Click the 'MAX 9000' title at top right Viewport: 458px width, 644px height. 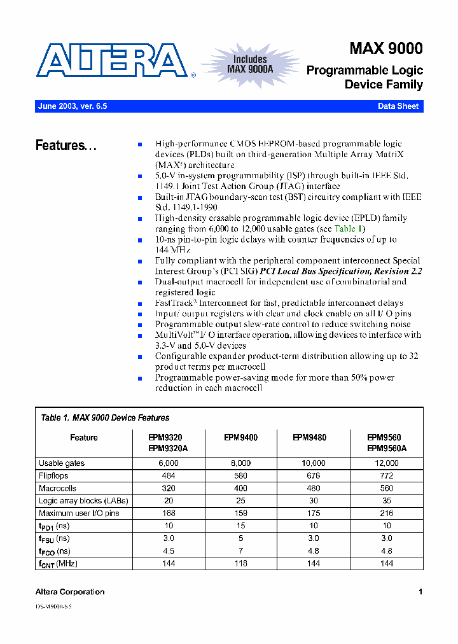tap(385, 49)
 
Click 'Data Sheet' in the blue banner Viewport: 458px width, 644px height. tap(398, 106)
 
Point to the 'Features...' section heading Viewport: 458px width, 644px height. tap(66, 146)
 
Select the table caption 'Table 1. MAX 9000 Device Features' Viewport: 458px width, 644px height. tap(105, 418)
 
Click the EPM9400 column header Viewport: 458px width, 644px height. tap(240, 438)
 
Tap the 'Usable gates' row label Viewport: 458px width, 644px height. tap(62, 463)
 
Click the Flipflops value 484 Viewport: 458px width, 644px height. tap(168, 476)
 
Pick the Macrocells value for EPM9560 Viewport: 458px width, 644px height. tap(386, 489)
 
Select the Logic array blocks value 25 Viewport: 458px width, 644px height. tap(240, 501)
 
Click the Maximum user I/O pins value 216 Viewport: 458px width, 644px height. tap(386, 514)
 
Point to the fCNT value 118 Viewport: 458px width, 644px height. tap(240, 564)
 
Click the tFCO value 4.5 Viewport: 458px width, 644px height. tap(168, 551)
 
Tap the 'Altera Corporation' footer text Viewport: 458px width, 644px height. tap(70, 592)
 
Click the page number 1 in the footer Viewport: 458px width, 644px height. tap(420, 592)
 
